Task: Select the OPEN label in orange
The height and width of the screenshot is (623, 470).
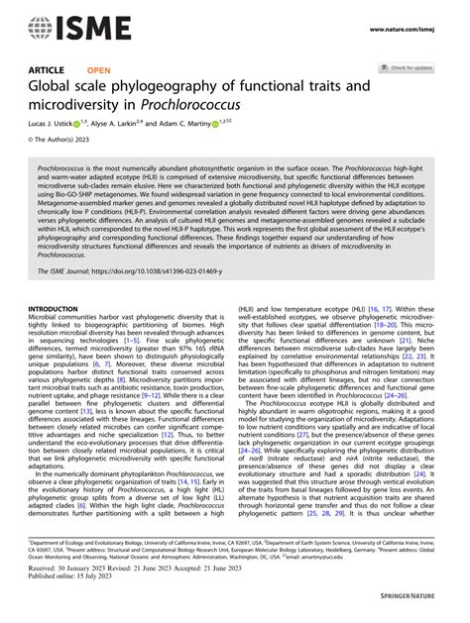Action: tap(99, 70)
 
